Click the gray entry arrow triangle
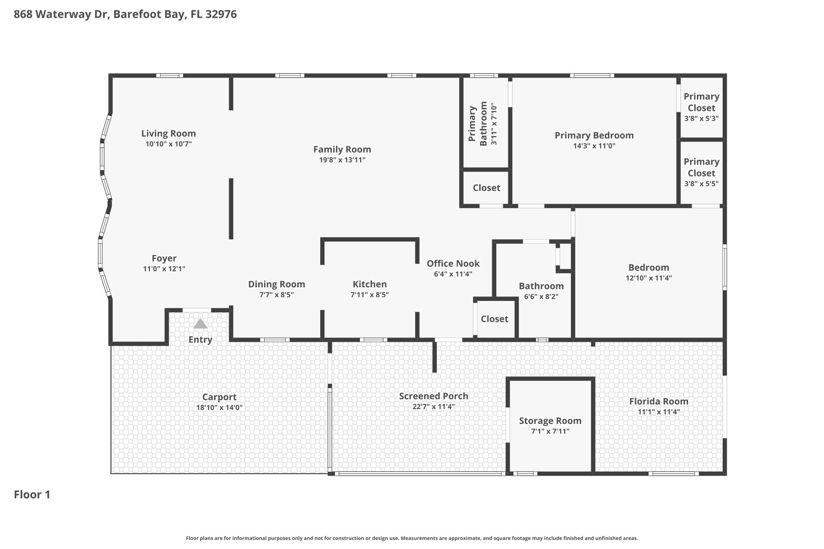click(200, 324)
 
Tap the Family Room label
click(342, 150)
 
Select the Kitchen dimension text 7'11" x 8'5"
click(370, 295)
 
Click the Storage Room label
click(550, 421)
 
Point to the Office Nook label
click(453, 263)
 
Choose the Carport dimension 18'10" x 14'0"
click(220, 407)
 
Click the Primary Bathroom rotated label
click(478, 124)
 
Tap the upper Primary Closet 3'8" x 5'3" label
click(702, 107)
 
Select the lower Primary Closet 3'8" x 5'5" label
click(702, 173)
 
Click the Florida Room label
click(659, 401)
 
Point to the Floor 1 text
click(32, 495)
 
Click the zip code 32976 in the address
click(221, 14)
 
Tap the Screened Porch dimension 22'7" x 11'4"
click(434, 407)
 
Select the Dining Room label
click(277, 284)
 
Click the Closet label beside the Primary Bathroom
click(486, 188)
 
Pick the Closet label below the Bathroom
click(494, 319)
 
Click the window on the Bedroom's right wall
click(725, 267)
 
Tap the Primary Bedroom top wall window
click(592, 75)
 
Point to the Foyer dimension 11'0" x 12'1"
click(164, 269)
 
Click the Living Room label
click(169, 134)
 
